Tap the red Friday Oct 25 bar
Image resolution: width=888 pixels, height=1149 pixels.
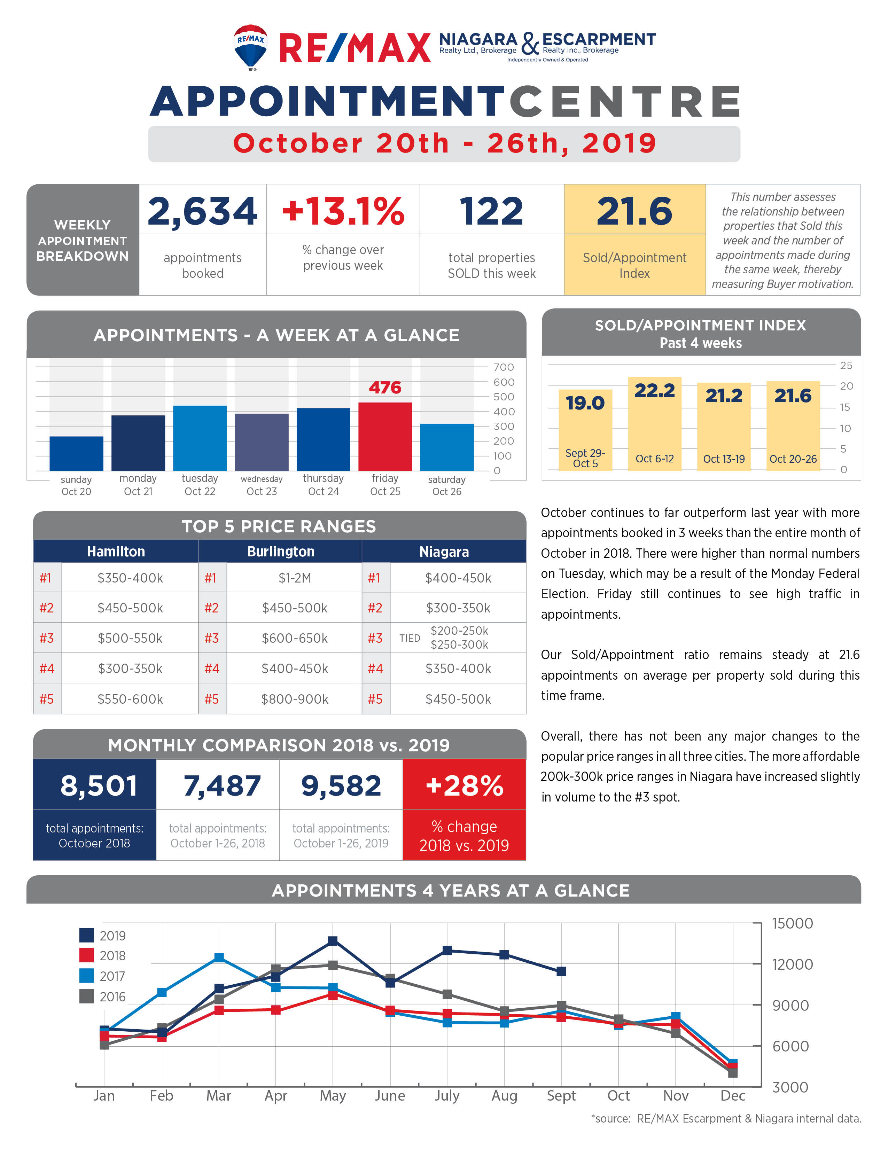click(x=385, y=436)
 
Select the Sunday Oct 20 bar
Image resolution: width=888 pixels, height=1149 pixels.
click(x=76, y=453)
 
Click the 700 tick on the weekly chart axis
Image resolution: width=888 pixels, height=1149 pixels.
click(x=504, y=367)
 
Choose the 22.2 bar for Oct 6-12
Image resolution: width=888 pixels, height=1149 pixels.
click(x=654, y=423)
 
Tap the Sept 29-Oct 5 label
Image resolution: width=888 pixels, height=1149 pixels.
click(x=585, y=458)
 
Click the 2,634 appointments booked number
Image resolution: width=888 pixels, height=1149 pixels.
click(x=203, y=211)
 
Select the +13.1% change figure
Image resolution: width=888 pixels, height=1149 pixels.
click(x=343, y=211)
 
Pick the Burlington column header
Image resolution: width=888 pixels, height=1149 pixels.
click(x=280, y=552)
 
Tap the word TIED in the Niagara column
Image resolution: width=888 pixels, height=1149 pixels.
click(x=410, y=638)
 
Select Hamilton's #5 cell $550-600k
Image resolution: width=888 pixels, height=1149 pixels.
click(x=130, y=699)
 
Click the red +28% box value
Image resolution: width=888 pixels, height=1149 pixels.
click(x=464, y=786)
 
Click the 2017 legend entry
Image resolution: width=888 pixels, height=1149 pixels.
click(x=103, y=976)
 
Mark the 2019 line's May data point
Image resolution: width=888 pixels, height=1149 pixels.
click(x=333, y=941)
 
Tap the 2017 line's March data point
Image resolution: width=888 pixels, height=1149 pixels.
click(x=219, y=958)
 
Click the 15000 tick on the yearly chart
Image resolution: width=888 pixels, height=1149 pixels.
click(x=792, y=923)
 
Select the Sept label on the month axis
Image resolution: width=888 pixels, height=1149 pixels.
click(x=561, y=1096)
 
